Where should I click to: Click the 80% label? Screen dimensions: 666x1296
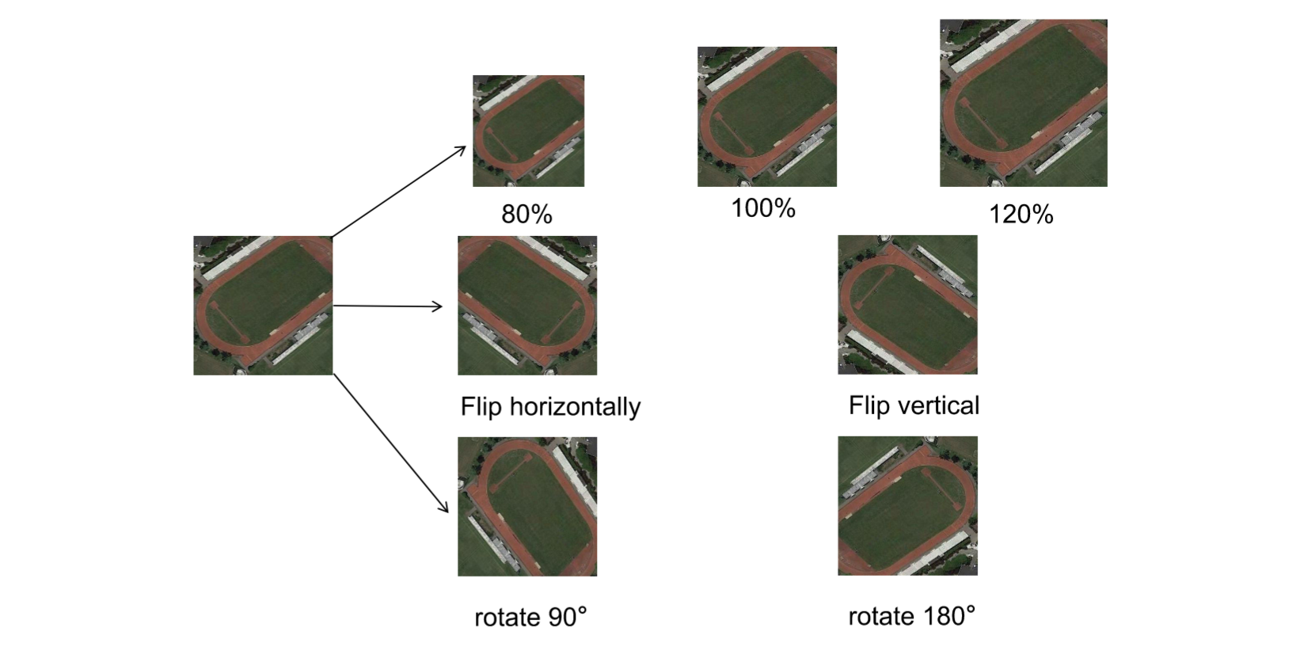[526, 214]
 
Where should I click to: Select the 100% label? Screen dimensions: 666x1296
[763, 208]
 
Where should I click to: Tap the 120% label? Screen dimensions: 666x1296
[1021, 214]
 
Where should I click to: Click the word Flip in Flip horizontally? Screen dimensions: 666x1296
[481, 406]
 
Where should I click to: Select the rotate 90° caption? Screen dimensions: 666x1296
[530, 617]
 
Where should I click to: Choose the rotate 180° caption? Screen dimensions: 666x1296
[912, 616]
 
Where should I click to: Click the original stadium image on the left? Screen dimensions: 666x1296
[263, 305]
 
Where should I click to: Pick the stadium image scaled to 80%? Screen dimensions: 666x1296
[528, 131]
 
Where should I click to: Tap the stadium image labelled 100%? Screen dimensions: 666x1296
[766, 116]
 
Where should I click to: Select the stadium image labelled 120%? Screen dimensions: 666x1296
[1023, 103]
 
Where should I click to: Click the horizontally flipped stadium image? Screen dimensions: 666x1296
[527, 305]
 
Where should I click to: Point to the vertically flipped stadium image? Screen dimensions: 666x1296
[907, 304]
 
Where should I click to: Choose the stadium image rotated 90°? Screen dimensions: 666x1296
[527, 506]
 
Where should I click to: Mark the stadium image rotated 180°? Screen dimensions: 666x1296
[907, 505]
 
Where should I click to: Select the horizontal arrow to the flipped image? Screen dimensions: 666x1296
[388, 306]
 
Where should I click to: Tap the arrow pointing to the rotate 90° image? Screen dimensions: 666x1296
[391, 443]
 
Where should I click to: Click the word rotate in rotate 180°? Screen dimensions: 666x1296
[873, 616]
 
